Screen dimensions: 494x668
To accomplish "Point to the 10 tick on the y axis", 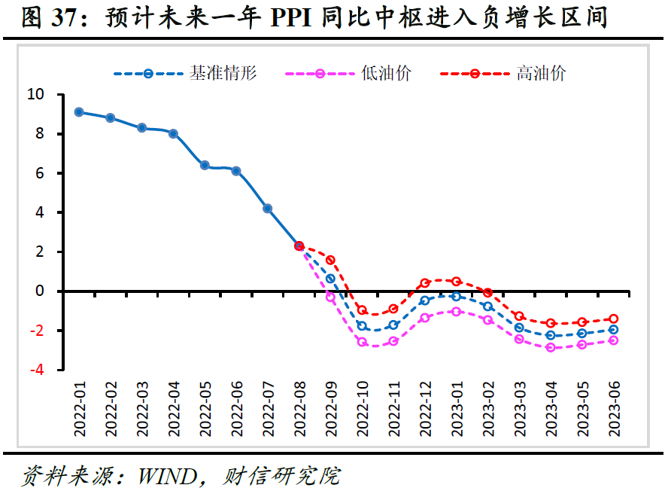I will [36, 95].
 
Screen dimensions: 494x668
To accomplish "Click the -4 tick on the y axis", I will [36, 370].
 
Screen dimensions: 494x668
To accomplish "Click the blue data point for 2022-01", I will [79, 112].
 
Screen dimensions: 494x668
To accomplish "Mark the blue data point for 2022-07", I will [268, 209].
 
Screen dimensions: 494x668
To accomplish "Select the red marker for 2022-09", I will [330, 260].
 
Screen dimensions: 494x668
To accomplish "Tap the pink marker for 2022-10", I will [362, 342].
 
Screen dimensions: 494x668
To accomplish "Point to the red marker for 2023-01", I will [457, 282].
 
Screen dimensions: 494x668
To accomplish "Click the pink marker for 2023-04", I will [551, 347].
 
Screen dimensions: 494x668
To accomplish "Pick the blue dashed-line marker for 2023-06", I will [614, 330].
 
